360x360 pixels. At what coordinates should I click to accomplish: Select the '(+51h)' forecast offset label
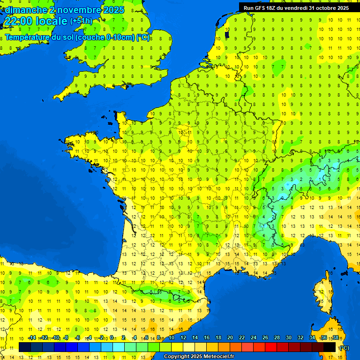click(x=81, y=21)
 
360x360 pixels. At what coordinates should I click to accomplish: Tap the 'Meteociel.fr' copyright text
click(x=216, y=357)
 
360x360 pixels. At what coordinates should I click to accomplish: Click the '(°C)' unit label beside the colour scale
click(x=344, y=348)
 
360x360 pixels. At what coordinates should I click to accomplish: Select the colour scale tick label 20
click(x=230, y=337)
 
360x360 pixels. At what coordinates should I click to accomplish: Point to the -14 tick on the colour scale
click(x=32, y=337)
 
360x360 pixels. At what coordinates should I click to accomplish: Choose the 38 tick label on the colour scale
click(x=335, y=337)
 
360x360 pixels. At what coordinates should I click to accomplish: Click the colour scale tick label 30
click(x=288, y=337)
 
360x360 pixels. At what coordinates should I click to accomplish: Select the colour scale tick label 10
click(x=171, y=337)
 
